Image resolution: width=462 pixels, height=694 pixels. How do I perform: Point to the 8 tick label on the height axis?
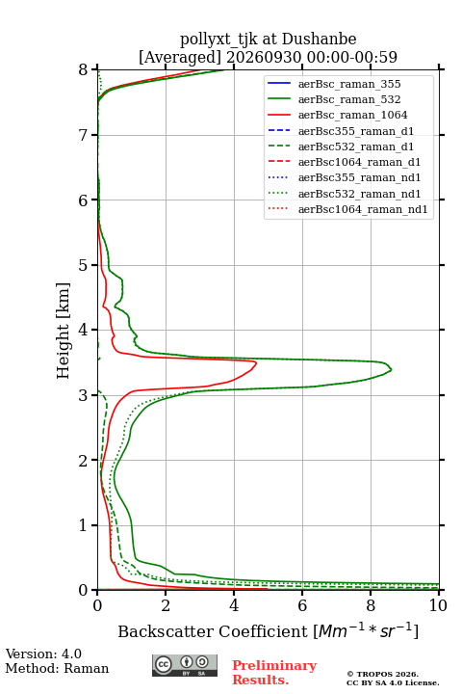coord(84,70)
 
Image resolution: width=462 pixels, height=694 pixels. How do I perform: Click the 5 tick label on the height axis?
coord(84,266)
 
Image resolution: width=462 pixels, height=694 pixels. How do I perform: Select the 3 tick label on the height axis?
coord(84,395)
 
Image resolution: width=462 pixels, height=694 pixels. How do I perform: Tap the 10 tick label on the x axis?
coord(438,605)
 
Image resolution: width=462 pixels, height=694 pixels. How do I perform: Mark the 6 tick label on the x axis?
coord(302,605)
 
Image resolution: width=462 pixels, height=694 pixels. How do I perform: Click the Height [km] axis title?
coord(64,331)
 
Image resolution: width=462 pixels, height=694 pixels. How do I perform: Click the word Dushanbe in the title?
coord(319,40)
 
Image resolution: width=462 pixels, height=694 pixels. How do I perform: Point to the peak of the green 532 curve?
coord(392,369)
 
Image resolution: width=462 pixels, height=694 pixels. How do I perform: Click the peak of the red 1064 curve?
coord(256,362)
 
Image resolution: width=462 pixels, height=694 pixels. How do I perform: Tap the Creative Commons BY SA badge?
coord(185,666)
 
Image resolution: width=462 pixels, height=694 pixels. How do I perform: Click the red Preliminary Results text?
coord(274,673)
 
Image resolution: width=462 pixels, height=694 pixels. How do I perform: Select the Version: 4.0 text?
coord(43,654)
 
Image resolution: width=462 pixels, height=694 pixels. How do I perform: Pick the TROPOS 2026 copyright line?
coord(383,674)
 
